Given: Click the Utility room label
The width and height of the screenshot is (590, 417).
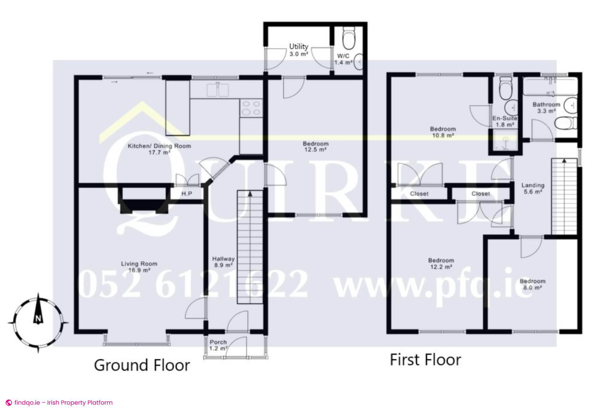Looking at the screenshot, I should click(298, 47).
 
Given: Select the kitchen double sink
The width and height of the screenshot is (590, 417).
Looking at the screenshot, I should click(218, 90).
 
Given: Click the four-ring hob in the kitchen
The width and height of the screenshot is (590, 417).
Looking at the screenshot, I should click(251, 108).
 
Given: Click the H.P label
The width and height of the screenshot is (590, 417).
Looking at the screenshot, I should click(187, 194).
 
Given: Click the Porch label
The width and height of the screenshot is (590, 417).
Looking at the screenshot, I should click(218, 342).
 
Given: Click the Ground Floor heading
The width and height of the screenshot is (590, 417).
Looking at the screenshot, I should click(142, 365).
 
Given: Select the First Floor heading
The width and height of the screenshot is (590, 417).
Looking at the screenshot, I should click(425, 360).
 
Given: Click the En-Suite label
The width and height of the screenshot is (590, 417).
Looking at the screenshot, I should click(504, 118).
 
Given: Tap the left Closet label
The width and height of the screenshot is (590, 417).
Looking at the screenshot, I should click(419, 194).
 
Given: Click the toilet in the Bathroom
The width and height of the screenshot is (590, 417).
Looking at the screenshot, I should click(565, 123).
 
